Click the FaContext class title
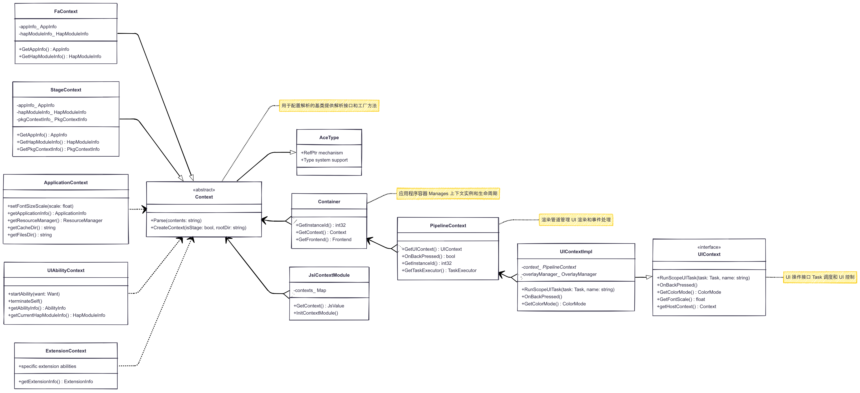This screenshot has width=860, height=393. point(66,11)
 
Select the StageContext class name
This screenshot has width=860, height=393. point(66,90)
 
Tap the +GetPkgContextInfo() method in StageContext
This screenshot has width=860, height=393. point(58,149)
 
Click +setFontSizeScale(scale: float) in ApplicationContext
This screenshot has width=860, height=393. point(40,206)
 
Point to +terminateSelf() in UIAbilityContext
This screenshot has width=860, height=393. point(25,301)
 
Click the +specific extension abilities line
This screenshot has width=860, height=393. point(47,366)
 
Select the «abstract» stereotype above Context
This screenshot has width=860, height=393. point(204,190)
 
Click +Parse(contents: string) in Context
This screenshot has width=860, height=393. point(176,220)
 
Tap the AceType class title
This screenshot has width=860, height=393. point(329,138)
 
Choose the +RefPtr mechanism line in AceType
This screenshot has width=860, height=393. point(322,153)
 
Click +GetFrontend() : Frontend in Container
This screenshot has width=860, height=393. point(323,239)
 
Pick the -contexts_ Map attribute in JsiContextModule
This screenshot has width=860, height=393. point(310,290)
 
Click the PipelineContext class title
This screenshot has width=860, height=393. point(448,226)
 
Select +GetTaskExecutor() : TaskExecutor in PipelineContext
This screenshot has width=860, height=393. point(439,270)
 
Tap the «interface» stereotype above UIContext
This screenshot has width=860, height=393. point(709,247)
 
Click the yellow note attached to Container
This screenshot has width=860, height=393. point(448,194)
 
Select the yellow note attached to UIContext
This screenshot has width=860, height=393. point(820,277)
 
